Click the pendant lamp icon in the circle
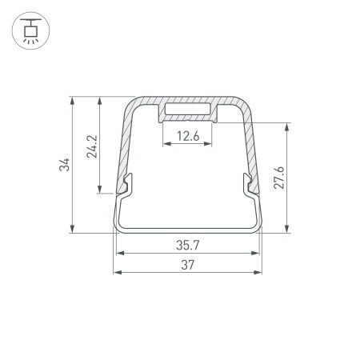point(30,31)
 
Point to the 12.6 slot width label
point(189,136)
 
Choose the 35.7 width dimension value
point(189,244)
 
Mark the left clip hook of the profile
point(126,186)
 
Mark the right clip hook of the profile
point(251,186)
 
